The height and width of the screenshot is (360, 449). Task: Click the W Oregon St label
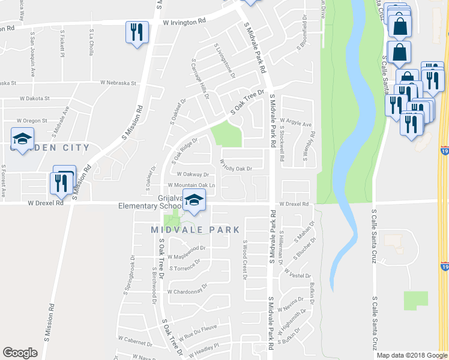point(32,121)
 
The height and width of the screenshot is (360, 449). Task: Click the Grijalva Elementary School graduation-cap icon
point(194,201)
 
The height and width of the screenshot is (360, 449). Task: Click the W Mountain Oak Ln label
point(191,185)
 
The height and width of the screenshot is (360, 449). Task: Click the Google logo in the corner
point(20,353)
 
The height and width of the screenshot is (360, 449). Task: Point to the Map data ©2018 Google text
point(411,355)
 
